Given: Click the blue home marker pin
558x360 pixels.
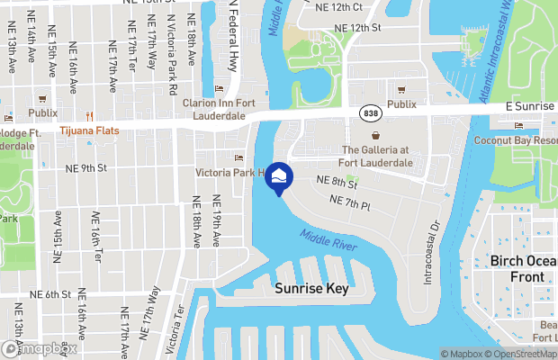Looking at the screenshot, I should (279, 176).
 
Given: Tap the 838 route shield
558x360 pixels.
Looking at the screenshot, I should (371, 112).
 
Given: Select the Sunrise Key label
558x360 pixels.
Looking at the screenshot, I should (310, 290).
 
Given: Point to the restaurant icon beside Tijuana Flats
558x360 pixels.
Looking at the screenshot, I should (89, 116).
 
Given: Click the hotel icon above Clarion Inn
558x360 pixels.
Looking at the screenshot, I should (220, 89).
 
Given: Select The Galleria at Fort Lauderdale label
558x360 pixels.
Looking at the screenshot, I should (375, 156).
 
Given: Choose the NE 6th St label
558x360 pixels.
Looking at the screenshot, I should (50, 294).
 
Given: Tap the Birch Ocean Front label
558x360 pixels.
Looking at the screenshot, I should (523, 268).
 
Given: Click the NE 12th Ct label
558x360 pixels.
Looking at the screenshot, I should (340, 7).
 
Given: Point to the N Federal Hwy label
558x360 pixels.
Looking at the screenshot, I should (232, 27).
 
